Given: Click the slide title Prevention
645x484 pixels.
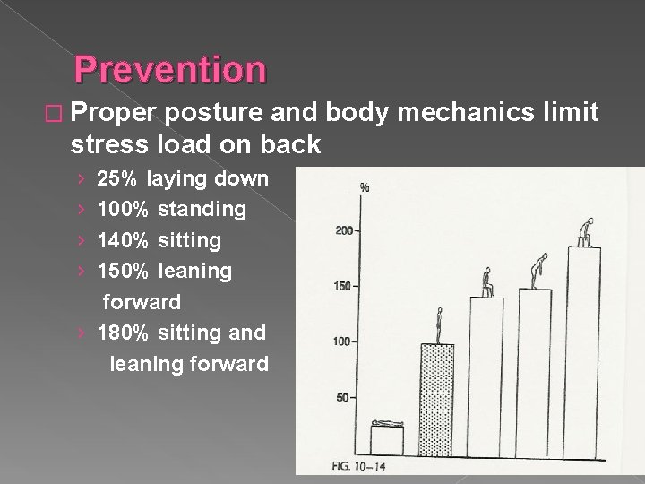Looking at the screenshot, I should point(170,69).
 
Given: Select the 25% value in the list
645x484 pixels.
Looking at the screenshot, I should point(117,178).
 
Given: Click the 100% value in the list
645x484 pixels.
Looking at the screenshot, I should point(124,209).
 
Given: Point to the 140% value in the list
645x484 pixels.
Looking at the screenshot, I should point(124,240).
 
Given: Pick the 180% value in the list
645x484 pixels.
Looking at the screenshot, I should point(124,333).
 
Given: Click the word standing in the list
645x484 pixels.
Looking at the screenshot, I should point(202,210).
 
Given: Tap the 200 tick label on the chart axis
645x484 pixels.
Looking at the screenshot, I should point(344,230).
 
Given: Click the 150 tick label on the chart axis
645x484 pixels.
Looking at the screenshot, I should point(344,286).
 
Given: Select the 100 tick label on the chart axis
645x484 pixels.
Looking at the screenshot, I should point(344,341).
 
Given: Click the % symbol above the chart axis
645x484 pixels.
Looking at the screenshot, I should point(365,188).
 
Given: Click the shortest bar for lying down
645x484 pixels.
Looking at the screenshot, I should point(387,440).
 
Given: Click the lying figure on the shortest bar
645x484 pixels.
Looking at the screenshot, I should point(387,423).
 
